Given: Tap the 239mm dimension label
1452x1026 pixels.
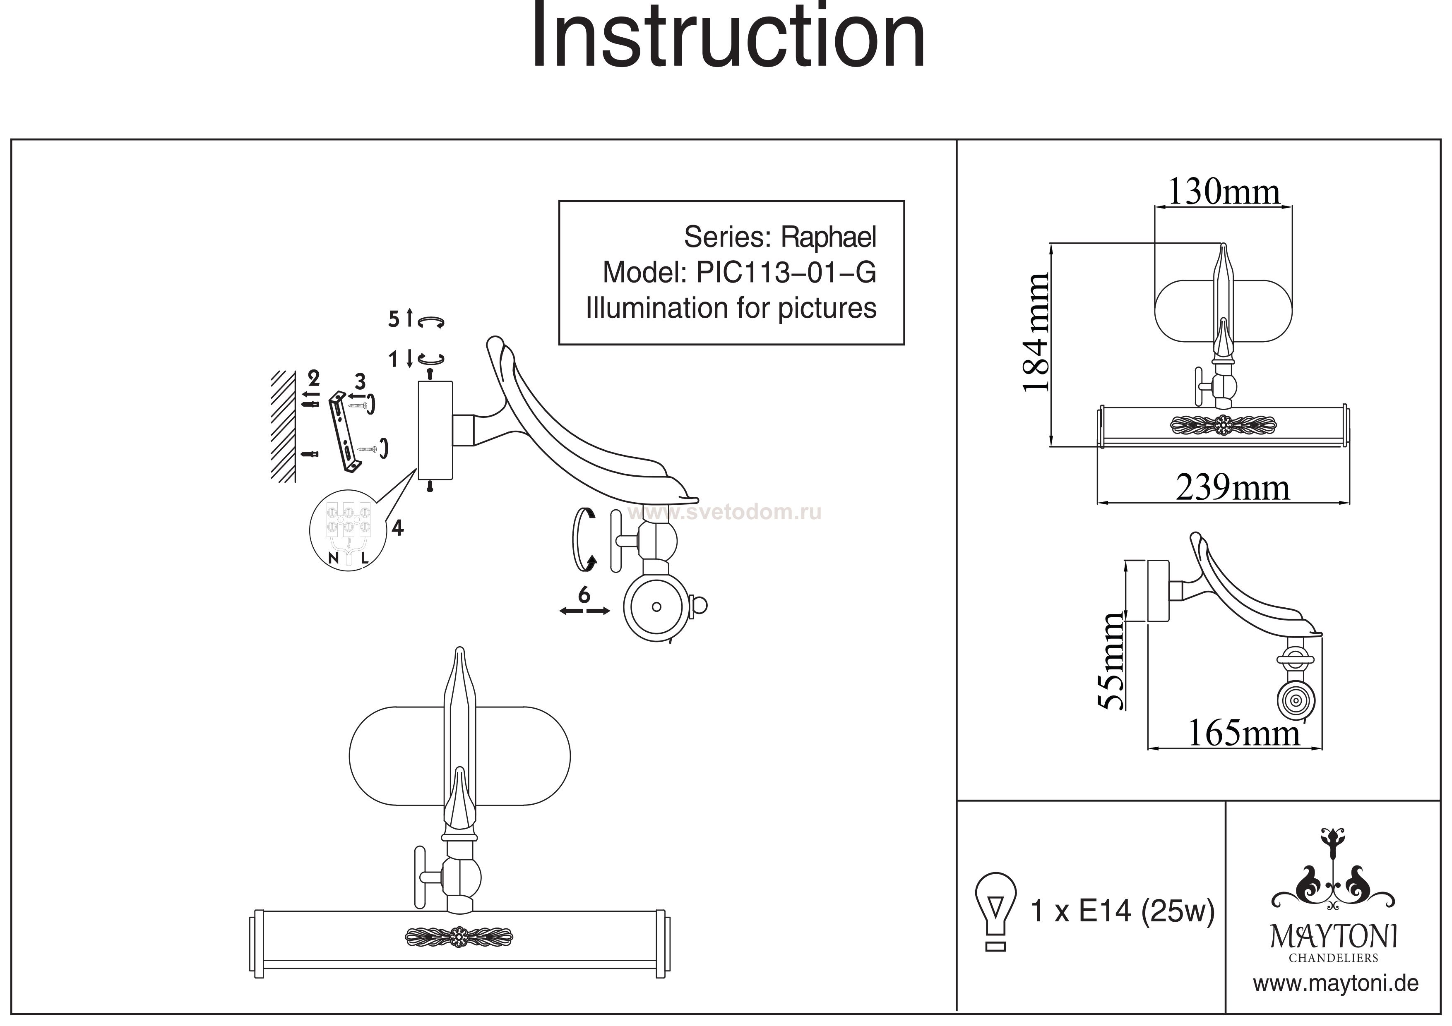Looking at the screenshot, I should [1232, 488].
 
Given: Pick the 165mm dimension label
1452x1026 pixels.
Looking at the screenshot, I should [1243, 734].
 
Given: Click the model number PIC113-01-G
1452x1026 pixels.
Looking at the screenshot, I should [786, 273].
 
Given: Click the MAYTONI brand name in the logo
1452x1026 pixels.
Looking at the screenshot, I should [1334, 937].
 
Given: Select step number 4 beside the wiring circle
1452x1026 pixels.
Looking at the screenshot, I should [397, 527].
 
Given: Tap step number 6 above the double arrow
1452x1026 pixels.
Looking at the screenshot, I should [584, 595].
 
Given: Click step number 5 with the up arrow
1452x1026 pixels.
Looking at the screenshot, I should [394, 319].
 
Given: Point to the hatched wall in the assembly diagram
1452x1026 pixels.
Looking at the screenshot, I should [283, 427].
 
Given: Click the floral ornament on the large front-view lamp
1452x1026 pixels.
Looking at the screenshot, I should [459, 936].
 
